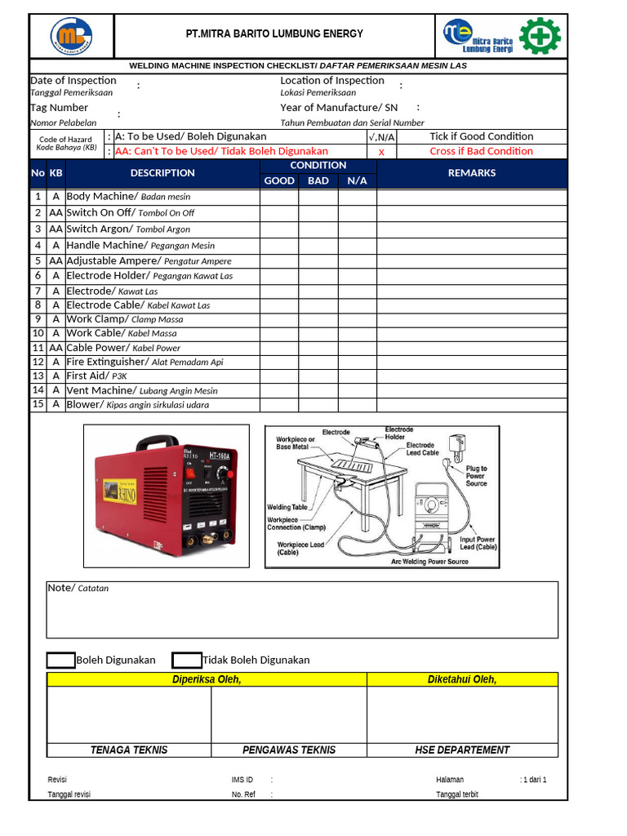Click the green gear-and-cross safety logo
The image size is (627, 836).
pos(540,36)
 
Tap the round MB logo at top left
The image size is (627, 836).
pos(72,36)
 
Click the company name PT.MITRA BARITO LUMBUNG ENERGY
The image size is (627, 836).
pos(274,33)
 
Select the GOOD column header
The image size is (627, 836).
pos(279,180)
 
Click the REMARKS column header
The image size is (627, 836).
pos(471,173)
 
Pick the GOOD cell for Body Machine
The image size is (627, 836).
pos(279,197)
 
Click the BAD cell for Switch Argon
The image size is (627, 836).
pos(318,229)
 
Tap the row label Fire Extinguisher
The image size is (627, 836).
pos(107,362)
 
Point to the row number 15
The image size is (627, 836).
pos(38,404)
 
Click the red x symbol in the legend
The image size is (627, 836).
pos(381,152)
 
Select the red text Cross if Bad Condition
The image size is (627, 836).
pos(481,151)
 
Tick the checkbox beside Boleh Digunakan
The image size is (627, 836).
pos(61,660)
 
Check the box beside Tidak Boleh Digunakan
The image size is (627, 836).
pos(187,660)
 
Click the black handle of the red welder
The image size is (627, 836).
pos(157,442)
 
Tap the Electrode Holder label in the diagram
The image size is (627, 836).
pos(399,433)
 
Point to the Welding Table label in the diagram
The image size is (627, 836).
pos(287,507)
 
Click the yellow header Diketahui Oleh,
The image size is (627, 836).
pos(462,679)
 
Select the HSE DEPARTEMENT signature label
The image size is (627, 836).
pos(462,749)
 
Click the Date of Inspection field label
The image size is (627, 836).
pos(73,80)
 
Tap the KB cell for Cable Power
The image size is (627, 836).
pos(56,348)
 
